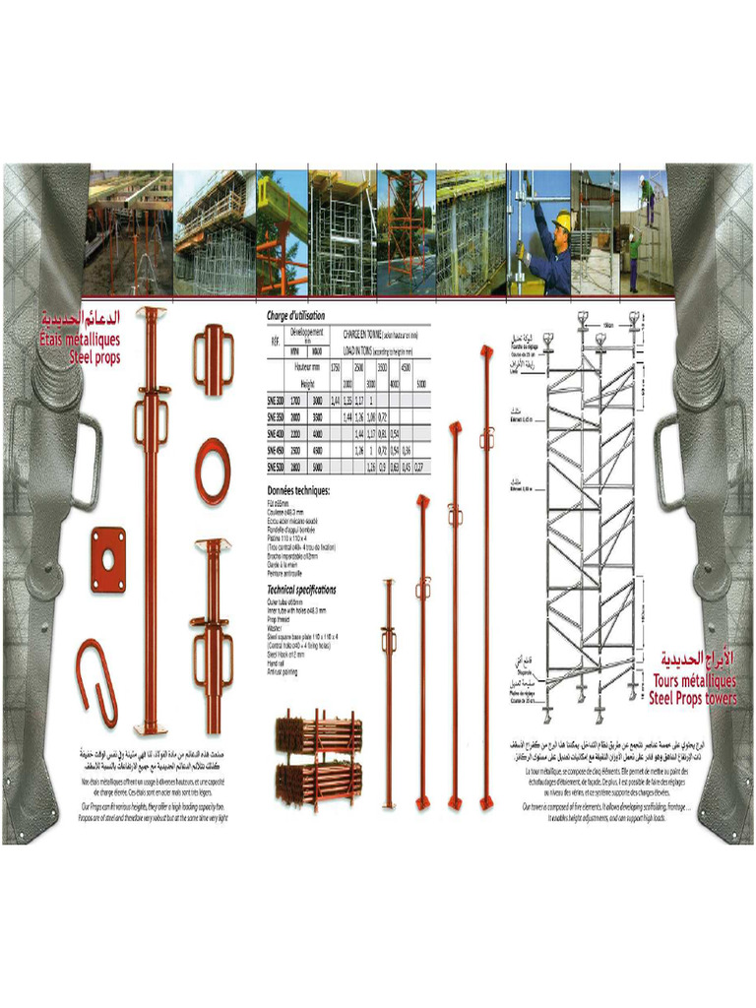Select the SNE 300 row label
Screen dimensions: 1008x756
[x=275, y=401]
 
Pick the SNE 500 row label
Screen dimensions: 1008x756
[x=275, y=467]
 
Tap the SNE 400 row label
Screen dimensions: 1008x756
[x=275, y=433]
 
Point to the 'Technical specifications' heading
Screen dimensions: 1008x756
[x=301, y=590]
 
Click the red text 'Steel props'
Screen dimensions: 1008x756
[x=94, y=358]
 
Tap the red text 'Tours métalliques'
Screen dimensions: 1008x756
[x=694, y=680]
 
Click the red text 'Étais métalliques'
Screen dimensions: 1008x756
[x=81, y=340]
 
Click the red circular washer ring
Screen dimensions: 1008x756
[x=213, y=472]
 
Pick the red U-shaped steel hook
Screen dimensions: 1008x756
[x=97, y=680]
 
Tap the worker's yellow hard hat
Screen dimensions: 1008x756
[x=561, y=220]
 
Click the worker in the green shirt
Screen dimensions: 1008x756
[x=635, y=247]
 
